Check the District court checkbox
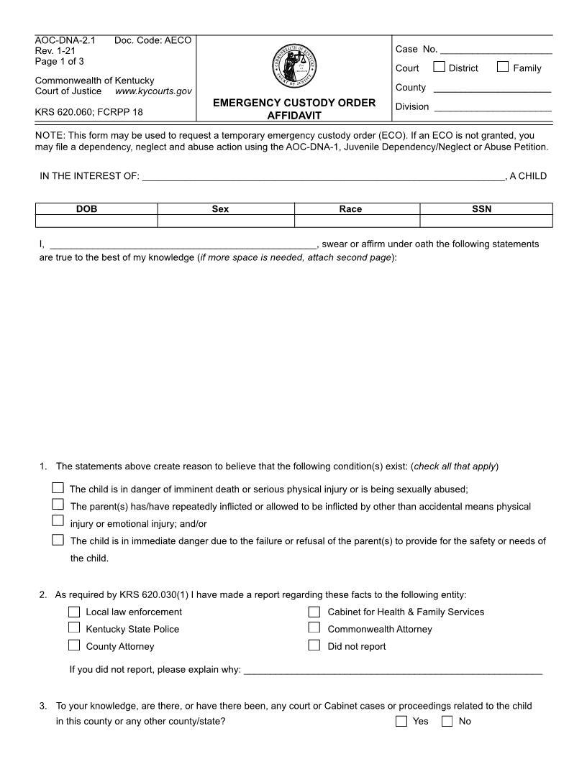439,68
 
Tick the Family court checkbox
503,68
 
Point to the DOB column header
96,209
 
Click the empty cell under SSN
486,221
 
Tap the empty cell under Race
357,221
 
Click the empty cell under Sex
226,221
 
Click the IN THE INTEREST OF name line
324,177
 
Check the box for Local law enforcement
74,612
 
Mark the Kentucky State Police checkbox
74,629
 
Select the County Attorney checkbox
74,646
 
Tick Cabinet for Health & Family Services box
314,612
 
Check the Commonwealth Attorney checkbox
314,629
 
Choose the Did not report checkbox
314,646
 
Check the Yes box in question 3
401,722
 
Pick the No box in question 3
447,722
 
